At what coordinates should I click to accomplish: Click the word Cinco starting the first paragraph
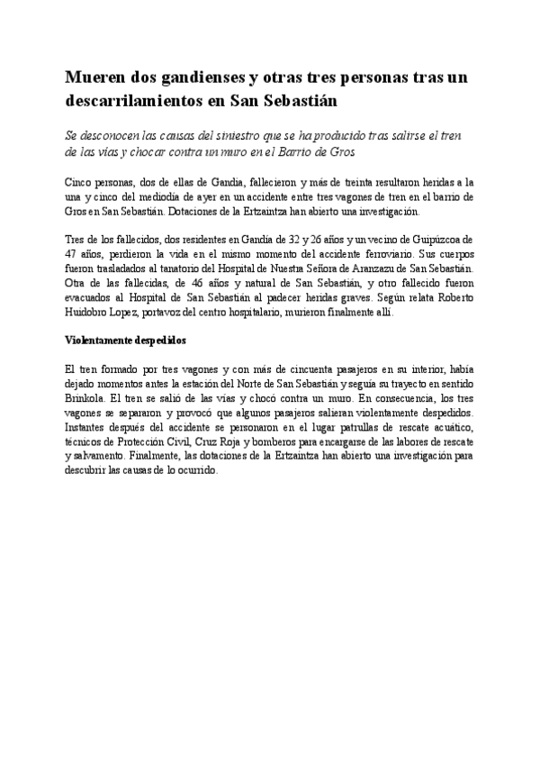(x=82, y=182)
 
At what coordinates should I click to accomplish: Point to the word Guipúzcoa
(x=436, y=239)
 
